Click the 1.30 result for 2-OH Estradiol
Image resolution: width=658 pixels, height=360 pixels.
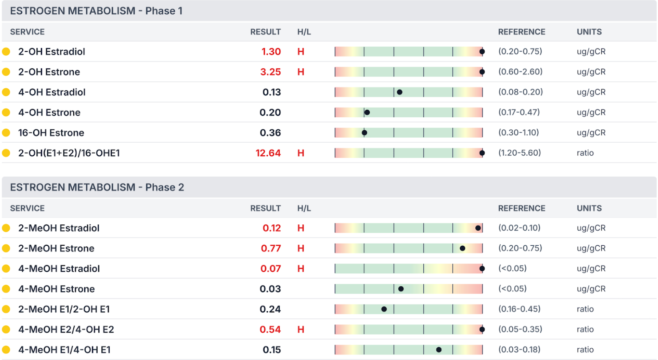pyautogui.click(x=271, y=51)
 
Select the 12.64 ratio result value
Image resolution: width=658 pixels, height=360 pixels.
pyautogui.click(x=268, y=153)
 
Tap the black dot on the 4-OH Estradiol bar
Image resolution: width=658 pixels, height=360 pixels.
pyautogui.click(x=400, y=92)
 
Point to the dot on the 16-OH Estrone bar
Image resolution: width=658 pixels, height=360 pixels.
pyautogui.click(x=364, y=133)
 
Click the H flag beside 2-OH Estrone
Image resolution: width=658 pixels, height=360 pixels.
pyautogui.click(x=300, y=72)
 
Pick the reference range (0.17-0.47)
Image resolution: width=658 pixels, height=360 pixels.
pyautogui.click(x=519, y=112)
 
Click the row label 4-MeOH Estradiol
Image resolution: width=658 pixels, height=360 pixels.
pyautogui.click(x=59, y=269)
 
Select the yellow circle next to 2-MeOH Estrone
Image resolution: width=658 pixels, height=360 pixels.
pyautogui.click(x=6, y=248)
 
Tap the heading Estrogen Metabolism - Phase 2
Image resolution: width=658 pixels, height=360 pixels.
pyautogui.click(x=97, y=188)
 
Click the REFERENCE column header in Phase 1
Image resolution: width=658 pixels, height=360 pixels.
pyautogui.click(x=521, y=32)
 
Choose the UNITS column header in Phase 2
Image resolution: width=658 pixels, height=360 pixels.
pyautogui.click(x=589, y=208)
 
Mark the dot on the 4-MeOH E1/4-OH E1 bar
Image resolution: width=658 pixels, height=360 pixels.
pyautogui.click(x=439, y=350)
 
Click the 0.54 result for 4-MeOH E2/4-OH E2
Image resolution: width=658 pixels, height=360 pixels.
pyautogui.click(x=270, y=329)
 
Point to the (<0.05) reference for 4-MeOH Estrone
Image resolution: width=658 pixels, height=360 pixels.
pyautogui.click(x=512, y=289)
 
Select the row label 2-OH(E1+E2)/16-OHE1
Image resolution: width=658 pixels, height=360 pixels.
pyautogui.click(x=69, y=153)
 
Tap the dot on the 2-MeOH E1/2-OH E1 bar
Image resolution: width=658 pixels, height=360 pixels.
pyautogui.click(x=384, y=309)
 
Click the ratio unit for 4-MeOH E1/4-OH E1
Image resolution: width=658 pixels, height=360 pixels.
pyautogui.click(x=585, y=350)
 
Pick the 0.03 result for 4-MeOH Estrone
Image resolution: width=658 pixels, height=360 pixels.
pyautogui.click(x=270, y=289)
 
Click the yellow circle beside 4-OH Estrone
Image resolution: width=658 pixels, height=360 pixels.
pyautogui.click(x=6, y=113)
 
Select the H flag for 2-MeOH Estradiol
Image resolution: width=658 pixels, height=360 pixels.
pyautogui.click(x=300, y=228)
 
